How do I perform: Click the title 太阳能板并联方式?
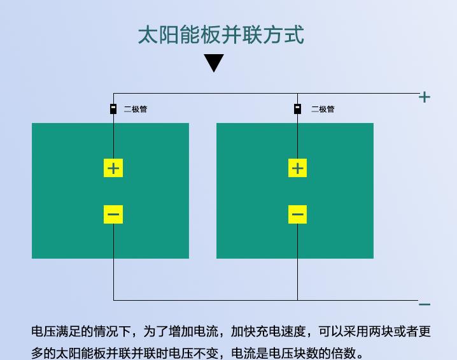pos(221,35)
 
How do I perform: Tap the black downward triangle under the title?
pos(214,62)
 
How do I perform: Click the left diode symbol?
pos(113,109)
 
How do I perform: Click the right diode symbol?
pos(297,109)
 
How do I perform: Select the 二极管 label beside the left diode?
pos(136,109)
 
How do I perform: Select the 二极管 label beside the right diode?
pos(323,109)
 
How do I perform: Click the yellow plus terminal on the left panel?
pos(113,168)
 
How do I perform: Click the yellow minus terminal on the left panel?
pos(113,215)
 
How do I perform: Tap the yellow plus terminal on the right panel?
pos(298,168)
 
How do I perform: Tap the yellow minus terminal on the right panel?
pos(298,215)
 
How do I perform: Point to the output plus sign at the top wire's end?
pos(425,97)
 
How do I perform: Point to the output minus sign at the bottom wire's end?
pos(425,305)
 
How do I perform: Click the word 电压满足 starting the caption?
pos(56,331)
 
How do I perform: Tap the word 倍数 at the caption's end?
pos(343,353)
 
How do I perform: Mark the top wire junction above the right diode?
pos(298,94)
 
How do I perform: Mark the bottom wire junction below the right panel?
pos(298,300)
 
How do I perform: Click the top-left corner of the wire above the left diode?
pos(113,94)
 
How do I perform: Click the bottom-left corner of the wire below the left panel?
pos(113,300)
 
